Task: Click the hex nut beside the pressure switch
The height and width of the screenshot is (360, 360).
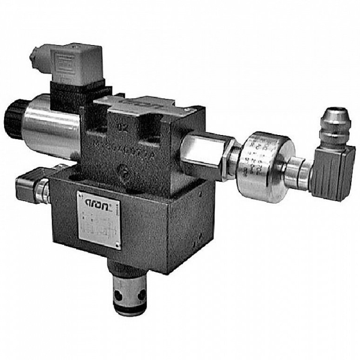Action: [x=230, y=155]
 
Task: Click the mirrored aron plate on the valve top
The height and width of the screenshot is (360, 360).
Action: [x=135, y=104]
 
